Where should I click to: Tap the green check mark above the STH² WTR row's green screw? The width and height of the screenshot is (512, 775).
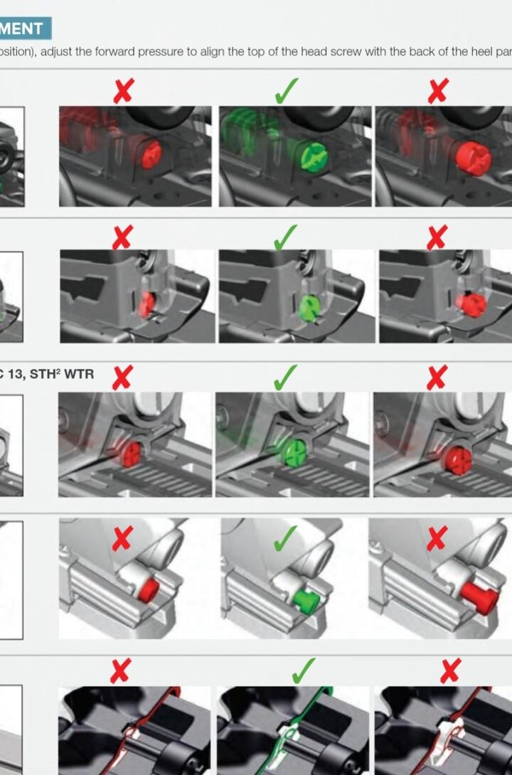click(x=285, y=378)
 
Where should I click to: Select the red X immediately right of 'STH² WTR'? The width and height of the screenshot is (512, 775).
click(x=122, y=378)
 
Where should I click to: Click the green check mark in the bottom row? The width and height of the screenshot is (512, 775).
click(x=304, y=670)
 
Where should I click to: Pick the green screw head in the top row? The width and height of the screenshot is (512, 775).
click(x=312, y=154)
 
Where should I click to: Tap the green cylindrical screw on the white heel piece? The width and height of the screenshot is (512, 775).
click(x=305, y=602)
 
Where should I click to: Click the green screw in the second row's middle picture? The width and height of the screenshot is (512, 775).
click(x=309, y=308)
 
